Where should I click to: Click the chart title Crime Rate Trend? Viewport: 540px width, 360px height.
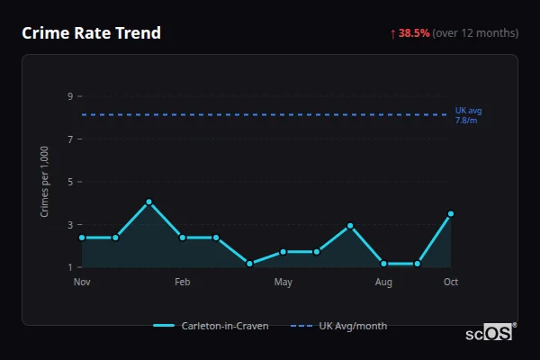[x=91, y=33]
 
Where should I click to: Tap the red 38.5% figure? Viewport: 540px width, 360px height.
[x=414, y=33]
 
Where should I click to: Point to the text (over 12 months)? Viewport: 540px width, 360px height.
[x=475, y=33]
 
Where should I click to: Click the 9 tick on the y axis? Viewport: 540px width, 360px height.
[x=70, y=96]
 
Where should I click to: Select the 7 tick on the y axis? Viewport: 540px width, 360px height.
[x=70, y=139]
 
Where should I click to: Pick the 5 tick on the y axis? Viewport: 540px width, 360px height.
[x=70, y=182]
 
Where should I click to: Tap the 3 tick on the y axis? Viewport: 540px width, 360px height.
[x=70, y=225]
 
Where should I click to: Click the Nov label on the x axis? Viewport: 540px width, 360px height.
[x=82, y=283]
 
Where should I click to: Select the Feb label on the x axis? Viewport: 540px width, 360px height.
[x=183, y=283]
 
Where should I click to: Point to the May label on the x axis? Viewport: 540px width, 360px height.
[x=283, y=283]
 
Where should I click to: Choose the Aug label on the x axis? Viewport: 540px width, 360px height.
[x=383, y=283]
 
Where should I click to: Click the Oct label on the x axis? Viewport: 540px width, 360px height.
[x=451, y=283]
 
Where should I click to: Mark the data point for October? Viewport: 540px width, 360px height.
[x=451, y=214]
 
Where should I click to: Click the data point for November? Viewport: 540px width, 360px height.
[x=82, y=238]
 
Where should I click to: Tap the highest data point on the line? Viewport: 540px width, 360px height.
[x=149, y=202]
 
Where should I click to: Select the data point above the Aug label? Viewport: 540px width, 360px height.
[x=383, y=264]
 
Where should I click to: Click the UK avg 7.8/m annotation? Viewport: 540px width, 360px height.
[x=467, y=115]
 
